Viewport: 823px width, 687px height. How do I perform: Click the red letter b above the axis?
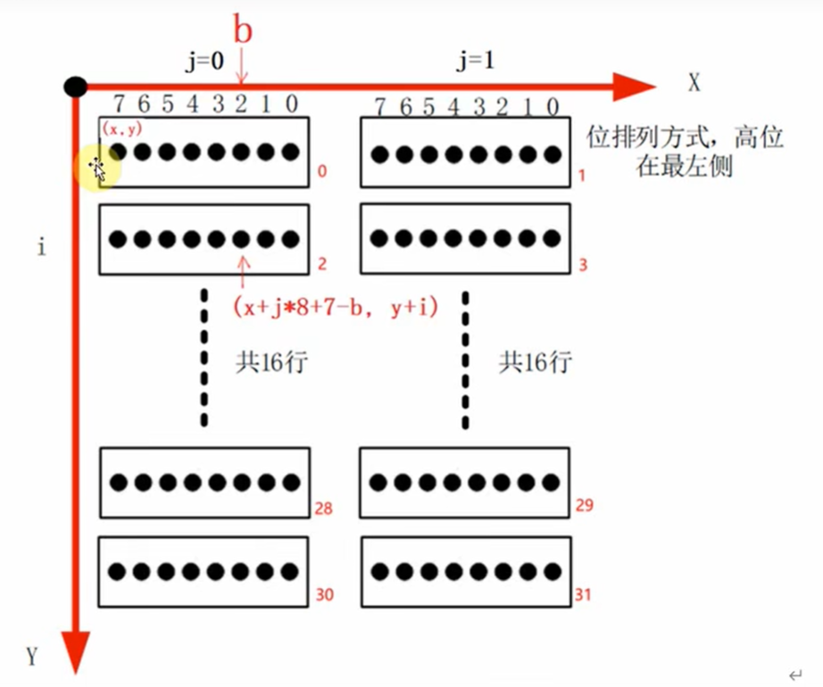point(243,30)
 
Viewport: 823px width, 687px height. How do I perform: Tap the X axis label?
point(694,83)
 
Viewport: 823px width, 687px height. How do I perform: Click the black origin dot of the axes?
point(76,86)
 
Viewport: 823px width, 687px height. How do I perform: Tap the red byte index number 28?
point(323,510)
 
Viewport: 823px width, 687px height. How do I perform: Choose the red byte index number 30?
point(324,595)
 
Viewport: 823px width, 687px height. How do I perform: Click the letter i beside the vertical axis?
point(41,247)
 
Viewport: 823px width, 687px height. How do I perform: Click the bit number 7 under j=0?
point(118,104)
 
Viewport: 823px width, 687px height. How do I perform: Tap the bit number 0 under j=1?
point(553,107)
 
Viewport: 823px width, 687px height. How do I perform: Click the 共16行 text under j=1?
point(535,362)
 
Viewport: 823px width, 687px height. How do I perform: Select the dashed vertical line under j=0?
point(204,357)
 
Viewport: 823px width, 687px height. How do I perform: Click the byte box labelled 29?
point(464,482)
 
